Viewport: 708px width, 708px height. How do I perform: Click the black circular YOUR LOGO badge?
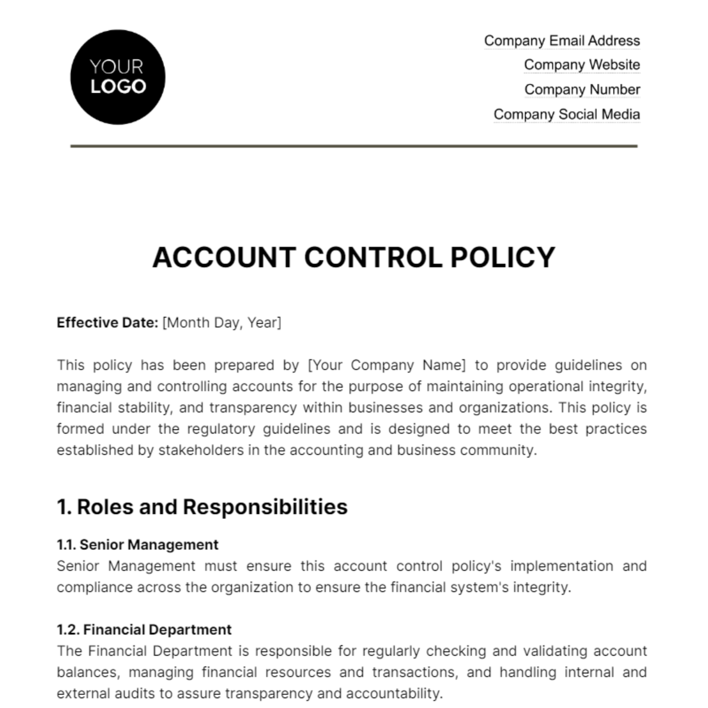click(117, 77)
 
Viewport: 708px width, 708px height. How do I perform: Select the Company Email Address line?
click(562, 41)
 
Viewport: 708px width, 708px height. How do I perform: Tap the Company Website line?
click(582, 65)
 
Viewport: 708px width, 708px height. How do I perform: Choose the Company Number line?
click(582, 90)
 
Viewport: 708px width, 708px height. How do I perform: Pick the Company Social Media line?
click(566, 114)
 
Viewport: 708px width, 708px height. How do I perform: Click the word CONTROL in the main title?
click(372, 258)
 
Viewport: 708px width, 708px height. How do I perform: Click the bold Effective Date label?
click(107, 323)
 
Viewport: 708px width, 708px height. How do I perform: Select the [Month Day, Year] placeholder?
click(222, 323)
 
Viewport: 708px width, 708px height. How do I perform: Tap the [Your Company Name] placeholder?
click(387, 365)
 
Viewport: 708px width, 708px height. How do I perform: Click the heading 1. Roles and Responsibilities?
click(202, 507)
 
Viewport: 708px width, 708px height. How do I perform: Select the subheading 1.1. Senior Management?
click(137, 545)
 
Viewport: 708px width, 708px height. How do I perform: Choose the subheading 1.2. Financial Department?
click(144, 630)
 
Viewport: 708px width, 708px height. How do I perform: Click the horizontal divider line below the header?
click(354, 146)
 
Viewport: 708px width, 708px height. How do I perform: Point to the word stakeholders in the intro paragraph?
click(188, 450)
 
